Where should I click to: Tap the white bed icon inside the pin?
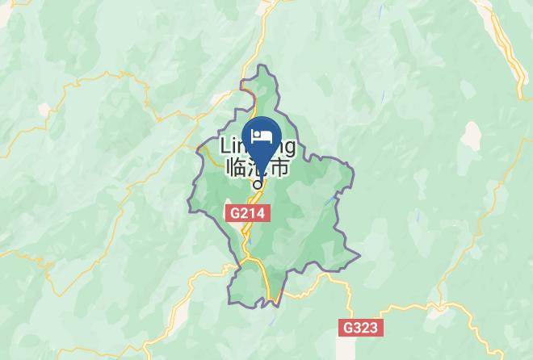click(x=260, y=134)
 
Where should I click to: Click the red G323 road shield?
click(x=359, y=328)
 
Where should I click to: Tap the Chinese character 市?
click(x=279, y=168)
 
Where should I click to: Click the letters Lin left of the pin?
click(x=233, y=147)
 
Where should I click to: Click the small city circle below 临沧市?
click(x=258, y=182)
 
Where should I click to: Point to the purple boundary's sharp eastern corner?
click(x=353, y=170)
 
